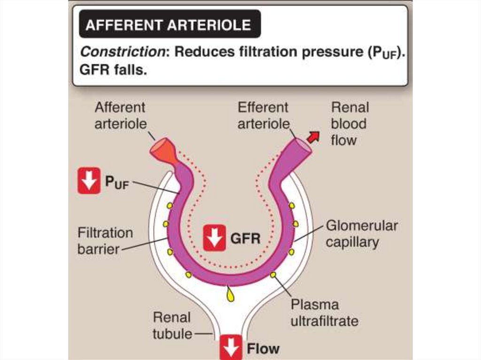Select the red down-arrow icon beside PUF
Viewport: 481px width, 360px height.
(x=89, y=180)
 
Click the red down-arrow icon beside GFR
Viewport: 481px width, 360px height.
(x=215, y=237)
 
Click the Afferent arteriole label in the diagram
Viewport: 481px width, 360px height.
(x=120, y=115)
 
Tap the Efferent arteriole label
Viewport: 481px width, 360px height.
(x=263, y=115)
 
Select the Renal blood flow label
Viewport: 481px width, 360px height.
(x=349, y=123)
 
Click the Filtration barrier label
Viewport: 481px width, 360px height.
(x=105, y=240)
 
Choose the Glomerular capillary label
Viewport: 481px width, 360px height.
(x=361, y=234)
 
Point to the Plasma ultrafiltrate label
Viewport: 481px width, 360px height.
(x=324, y=313)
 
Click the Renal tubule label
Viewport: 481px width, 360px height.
(x=172, y=325)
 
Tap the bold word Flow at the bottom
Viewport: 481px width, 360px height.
(x=263, y=348)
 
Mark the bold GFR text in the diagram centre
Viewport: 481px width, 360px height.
(x=245, y=238)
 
